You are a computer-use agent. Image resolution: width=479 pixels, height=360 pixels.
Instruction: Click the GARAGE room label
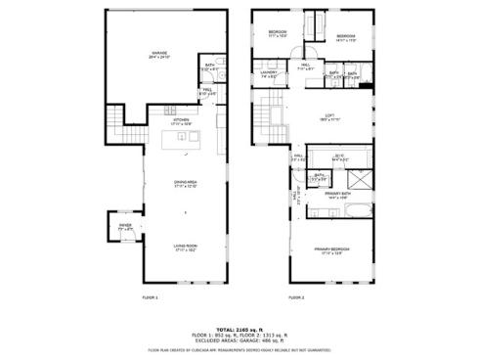(x=158, y=54)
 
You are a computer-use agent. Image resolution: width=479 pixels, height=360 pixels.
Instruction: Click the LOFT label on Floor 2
(x=329, y=117)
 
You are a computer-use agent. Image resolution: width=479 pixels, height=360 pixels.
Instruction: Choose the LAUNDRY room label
(x=270, y=73)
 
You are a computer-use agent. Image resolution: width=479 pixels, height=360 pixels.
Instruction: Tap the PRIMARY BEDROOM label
(x=332, y=249)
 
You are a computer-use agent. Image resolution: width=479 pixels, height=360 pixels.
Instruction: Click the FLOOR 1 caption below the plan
(x=150, y=296)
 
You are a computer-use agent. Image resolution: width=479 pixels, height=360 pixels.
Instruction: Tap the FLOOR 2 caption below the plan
(x=296, y=296)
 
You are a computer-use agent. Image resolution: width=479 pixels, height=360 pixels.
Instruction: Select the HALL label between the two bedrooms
(x=304, y=67)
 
